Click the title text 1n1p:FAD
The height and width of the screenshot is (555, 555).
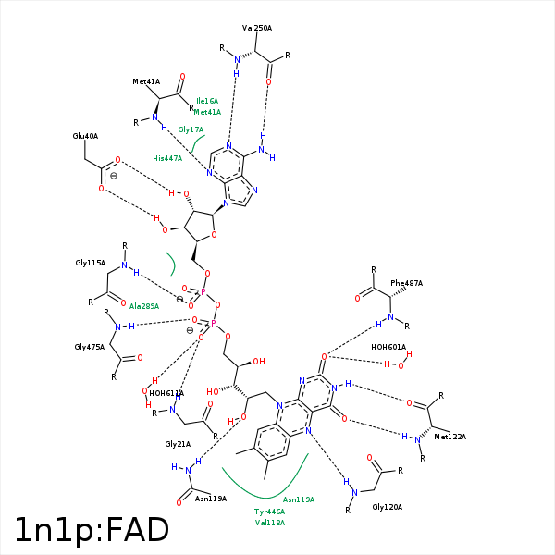[x=92, y=529]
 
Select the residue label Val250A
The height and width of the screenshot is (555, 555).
[x=257, y=29]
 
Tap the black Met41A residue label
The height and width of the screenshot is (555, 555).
[x=147, y=82]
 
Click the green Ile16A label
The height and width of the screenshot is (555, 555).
[x=207, y=100]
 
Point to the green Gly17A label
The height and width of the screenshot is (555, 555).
[x=191, y=129]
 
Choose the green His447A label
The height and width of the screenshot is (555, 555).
[x=167, y=158]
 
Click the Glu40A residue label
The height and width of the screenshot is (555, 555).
[x=85, y=136]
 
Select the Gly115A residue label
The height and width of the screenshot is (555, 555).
[x=90, y=264]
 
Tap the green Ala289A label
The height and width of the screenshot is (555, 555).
[x=144, y=306]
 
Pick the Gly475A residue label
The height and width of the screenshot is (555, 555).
[x=90, y=347]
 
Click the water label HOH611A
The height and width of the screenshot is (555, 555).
[x=166, y=393]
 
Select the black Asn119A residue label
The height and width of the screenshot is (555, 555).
[x=211, y=499]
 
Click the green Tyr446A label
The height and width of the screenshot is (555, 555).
[x=269, y=512]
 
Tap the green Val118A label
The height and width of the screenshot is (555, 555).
[x=269, y=523]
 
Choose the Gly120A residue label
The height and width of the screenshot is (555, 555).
[x=388, y=508]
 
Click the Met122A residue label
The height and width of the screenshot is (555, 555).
[x=450, y=437]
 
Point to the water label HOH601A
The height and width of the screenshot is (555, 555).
[x=388, y=347]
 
